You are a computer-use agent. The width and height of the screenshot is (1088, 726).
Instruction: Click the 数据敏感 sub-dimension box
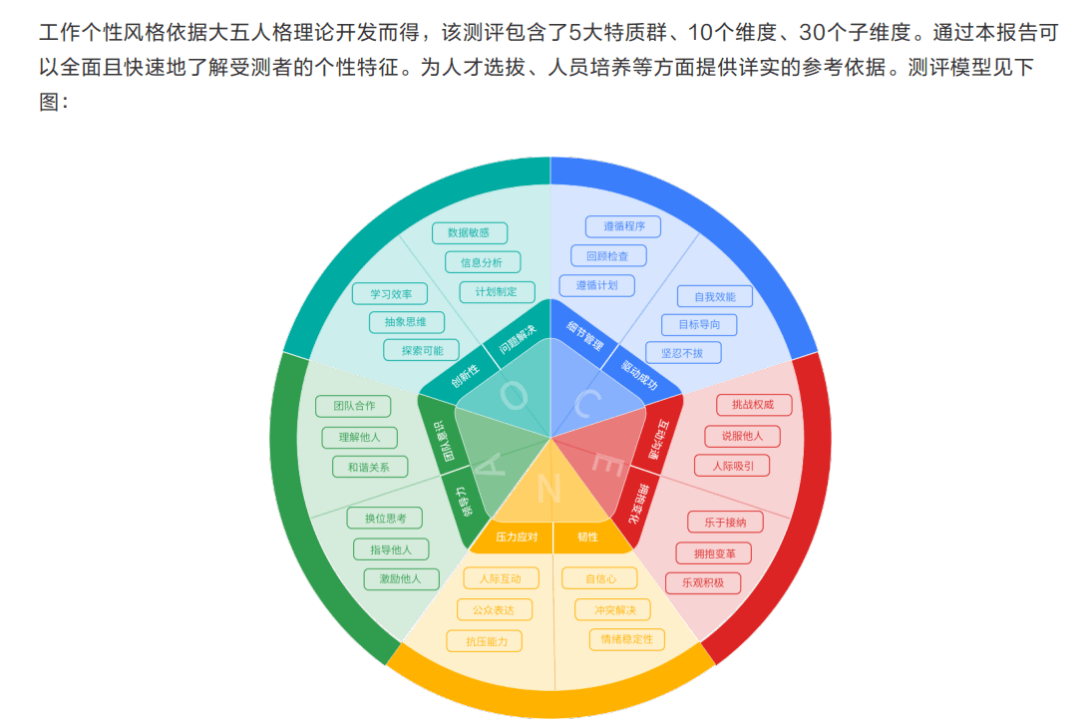point(469,233)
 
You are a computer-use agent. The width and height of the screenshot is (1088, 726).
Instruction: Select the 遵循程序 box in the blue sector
point(623,226)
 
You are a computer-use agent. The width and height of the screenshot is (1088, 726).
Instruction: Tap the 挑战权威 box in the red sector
point(753,405)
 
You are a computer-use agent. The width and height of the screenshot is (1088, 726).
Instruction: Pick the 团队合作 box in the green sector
point(353,406)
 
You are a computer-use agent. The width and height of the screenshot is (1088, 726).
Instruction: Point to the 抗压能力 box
point(485,641)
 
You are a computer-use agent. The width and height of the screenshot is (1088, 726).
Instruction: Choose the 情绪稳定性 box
point(626,639)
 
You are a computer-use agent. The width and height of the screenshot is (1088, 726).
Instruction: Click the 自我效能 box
point(715,297)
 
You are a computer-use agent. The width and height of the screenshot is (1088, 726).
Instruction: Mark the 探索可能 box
point(422,350)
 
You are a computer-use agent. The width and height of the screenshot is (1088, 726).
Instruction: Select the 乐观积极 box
point(703,583)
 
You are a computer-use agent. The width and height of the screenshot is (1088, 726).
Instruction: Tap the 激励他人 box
point(401,578)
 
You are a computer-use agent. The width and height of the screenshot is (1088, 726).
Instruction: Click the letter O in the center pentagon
point(514,396)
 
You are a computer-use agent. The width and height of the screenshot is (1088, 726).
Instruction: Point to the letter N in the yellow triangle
point(548,489)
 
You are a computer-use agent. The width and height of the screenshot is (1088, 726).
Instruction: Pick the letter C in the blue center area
point(587,403)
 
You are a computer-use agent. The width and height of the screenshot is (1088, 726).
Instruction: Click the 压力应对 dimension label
point(517,537)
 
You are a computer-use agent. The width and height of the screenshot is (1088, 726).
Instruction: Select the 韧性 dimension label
point(587,537)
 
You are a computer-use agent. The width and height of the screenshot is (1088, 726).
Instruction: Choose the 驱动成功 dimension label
point(639,376)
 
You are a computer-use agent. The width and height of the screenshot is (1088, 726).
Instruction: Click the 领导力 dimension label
point(463,502)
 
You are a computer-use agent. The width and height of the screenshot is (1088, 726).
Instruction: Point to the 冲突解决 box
point(613,610)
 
